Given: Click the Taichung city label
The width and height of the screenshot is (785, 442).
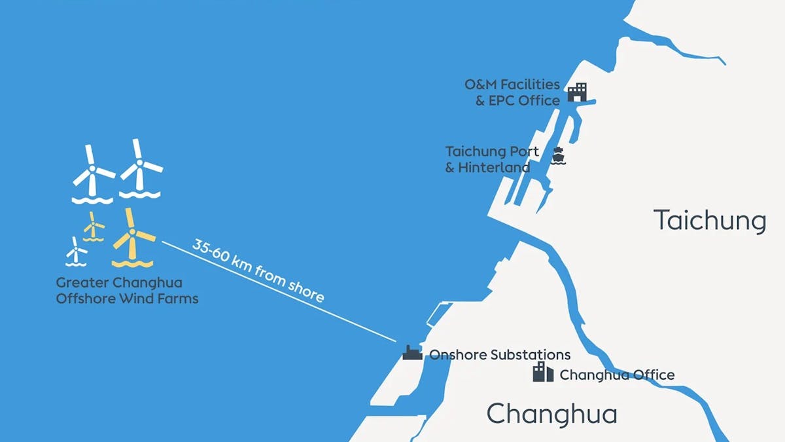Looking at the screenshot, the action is (x=710, y=221).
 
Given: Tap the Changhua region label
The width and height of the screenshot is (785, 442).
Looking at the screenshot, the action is (x=551, y=414).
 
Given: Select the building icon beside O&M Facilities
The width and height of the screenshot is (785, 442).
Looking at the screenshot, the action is (x=577, y=92).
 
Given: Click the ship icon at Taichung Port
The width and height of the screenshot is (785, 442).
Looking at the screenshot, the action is (x=557, y=157).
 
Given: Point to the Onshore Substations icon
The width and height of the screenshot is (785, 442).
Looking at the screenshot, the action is (x=412, y=353).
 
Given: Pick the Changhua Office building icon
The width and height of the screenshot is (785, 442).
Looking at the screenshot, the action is (x=543, y=372).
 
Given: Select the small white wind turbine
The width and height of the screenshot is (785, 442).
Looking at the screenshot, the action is (x=77, y=251).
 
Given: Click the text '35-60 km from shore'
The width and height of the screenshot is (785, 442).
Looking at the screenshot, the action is (x=258, y=270).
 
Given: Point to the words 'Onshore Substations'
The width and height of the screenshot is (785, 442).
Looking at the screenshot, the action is (x=500, y=355).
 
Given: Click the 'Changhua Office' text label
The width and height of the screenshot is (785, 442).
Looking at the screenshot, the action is (x=617, y=375).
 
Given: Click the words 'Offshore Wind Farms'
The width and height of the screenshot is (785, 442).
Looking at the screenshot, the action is (x=127, y=299).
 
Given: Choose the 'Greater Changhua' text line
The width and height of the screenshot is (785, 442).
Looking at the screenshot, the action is (x=119, y=284).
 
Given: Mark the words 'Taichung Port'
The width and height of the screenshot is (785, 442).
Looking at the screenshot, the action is (x=492, y=152).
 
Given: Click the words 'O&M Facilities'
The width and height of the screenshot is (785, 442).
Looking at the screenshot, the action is (x=512, y=84).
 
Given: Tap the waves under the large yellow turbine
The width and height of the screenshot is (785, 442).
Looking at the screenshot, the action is (x=132, y=264).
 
